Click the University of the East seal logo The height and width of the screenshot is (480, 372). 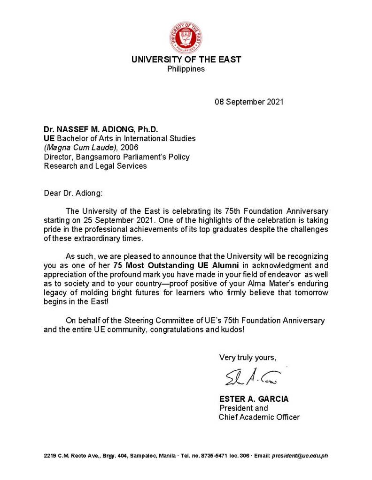186,37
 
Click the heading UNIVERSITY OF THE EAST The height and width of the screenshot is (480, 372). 186,60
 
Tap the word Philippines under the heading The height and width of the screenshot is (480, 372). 186,69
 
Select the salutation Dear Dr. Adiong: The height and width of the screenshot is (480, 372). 70,193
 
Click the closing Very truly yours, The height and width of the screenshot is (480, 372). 248,357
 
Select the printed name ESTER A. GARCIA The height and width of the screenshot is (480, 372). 254,399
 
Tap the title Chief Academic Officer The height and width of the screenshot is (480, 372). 259,417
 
